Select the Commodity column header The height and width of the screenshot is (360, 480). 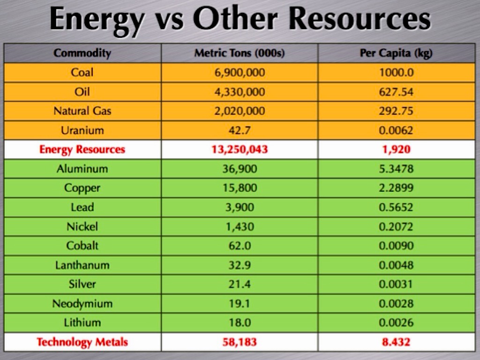point(82,53)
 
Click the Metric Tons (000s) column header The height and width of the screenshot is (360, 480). point(239,53)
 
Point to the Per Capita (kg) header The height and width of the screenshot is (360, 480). point(396,53)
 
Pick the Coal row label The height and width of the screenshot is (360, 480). point(82,72)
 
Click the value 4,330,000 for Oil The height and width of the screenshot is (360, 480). point(239,92)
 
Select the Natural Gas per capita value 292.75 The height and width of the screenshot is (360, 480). point(396,111)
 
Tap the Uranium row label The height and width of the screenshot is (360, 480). point(82,130)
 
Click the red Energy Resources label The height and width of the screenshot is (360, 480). point(82,150)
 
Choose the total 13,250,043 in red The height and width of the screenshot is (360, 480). point(239,150)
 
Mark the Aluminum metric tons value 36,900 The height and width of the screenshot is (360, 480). point(239,169)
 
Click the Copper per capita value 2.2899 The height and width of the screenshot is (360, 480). point(396,188)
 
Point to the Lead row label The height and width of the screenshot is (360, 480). point(82,207)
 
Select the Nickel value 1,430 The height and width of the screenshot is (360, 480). point(239,227)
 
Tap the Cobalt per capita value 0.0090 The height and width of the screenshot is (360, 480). point(396,246)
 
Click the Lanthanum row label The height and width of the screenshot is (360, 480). point(82,265)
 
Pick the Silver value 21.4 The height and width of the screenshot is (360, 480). point(239,284)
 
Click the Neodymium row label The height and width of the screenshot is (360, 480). point(82,304)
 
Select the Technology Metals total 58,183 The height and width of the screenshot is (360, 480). point(239,342)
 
